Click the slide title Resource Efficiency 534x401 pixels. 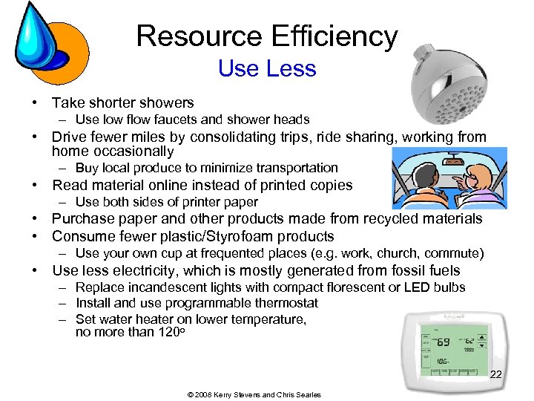coord(267,36)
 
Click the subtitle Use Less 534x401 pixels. coord(267,68)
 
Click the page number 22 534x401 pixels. coord(496,374)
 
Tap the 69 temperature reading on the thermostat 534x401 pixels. coord(443,342)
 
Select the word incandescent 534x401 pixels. coord(159,287)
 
